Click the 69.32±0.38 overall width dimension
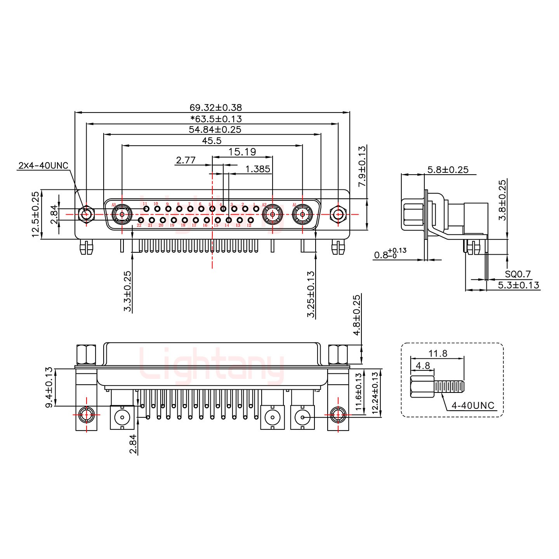(215, 108)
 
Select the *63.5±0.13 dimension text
(216, 119)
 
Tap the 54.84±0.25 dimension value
(215, 130)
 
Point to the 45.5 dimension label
(212, 141)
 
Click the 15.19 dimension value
(242, 152)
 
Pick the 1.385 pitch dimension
(258, 169)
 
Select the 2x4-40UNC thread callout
(43, 166)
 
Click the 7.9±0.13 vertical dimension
(362, 166)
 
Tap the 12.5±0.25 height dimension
(35, 214)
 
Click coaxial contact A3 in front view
(122, 214)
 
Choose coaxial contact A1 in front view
(302, 214)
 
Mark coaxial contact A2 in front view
(272, 214)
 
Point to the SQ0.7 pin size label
(517, 274)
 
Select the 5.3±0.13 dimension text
(518, 285)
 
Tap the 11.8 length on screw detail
(437, 353)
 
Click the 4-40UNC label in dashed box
(473, 406)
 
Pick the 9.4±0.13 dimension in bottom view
(49, 387)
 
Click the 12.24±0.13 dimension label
(375, 393)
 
